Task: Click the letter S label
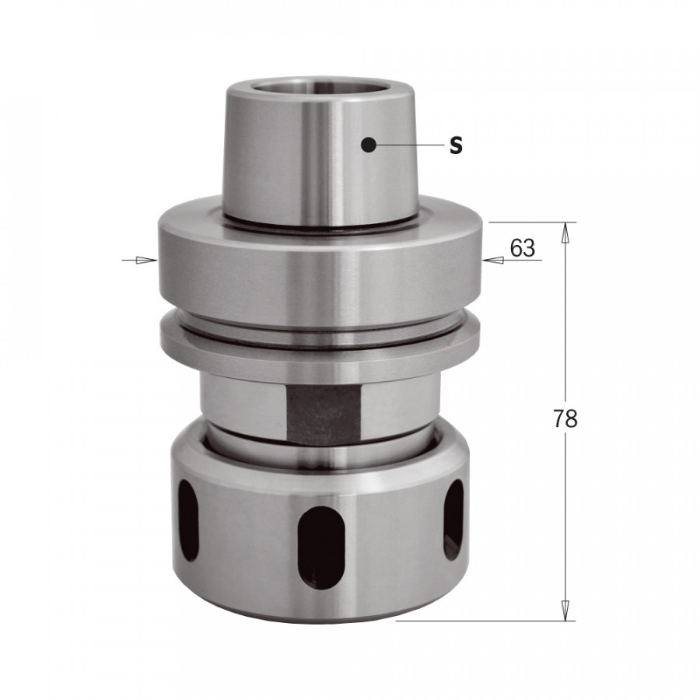coord(456,145)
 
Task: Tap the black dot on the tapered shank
coord(369,143)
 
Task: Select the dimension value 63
coord(523,248)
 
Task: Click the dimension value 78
coord(565,419)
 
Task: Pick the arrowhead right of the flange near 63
coord(492,260)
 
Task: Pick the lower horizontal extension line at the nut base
coord(482,621)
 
